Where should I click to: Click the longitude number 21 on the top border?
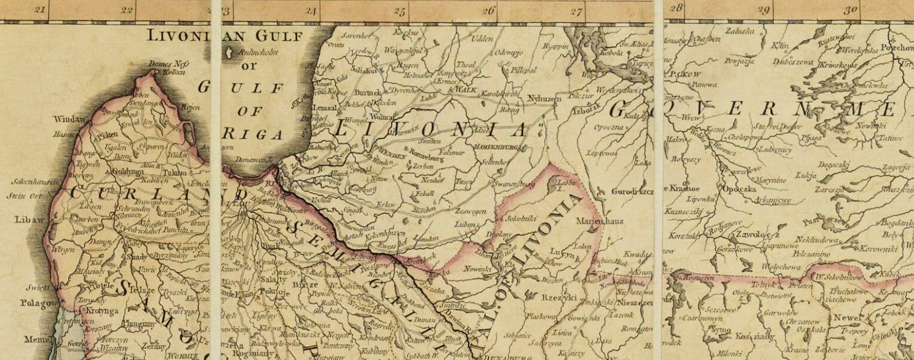pyautogui.click(x=41, y=9)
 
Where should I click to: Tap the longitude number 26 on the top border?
pyautogui.click(x=489, y=10)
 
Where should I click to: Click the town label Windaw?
pyautogui.click(x=68, y=119)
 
